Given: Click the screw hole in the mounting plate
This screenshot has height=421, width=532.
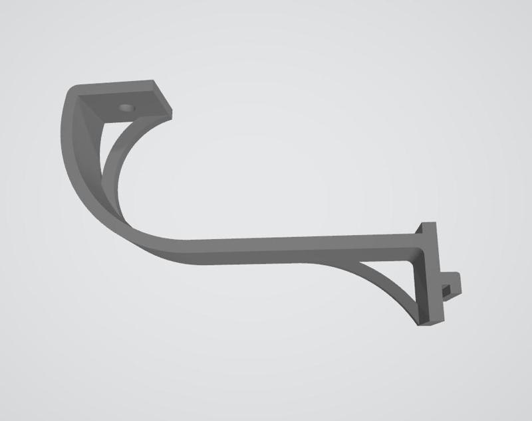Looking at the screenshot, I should [126, 106].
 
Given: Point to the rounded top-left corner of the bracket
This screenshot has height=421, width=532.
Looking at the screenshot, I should [72, 91].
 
